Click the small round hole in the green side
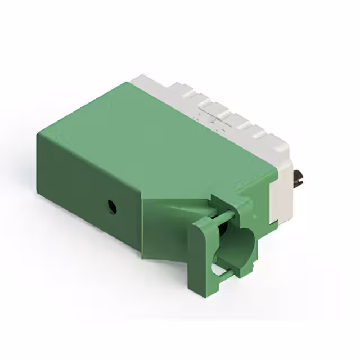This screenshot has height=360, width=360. coord(112,206)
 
